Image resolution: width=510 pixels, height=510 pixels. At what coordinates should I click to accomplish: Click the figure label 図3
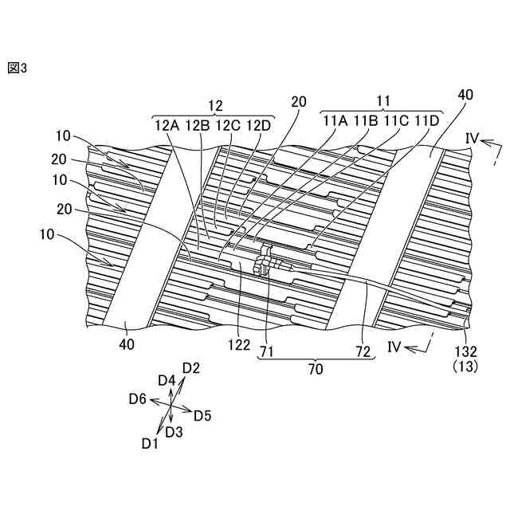pos(18,69)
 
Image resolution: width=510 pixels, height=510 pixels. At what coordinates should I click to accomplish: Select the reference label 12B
pos(196,124)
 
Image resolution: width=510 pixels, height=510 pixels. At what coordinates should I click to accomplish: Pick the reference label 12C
pos(228,124)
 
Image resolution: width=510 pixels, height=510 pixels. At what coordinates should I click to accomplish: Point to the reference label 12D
pos(259,124)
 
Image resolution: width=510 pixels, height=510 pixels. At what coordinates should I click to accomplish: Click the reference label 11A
pos(335,121)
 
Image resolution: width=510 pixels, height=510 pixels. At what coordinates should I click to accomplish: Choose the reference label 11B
pos(365,121)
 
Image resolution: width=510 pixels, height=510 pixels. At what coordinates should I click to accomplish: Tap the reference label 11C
pos(396,121)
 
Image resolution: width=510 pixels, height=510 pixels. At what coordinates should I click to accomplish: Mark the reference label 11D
pos(426,121)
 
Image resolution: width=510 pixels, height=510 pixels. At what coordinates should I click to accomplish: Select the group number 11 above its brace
pos(382,101)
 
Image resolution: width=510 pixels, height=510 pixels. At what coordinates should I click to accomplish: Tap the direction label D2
pos(190,368)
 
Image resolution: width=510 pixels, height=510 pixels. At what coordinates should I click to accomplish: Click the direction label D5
pos(202,415)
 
